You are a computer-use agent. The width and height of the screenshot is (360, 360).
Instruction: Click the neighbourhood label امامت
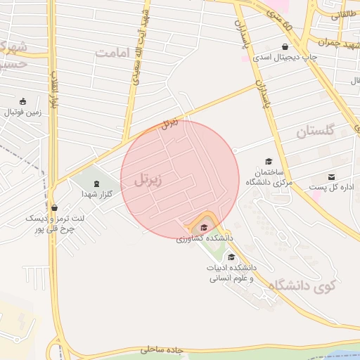(113, 53)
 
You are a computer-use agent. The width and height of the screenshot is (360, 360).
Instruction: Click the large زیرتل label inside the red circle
(148, 180)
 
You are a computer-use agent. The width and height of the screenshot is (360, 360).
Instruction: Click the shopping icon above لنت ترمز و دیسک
(55, 207)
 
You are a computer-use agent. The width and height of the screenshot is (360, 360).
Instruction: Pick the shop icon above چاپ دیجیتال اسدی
(284, 47)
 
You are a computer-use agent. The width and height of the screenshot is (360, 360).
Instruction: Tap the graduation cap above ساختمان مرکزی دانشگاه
(268, 162)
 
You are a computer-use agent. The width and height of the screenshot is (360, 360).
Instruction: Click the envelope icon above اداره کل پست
(331, 176)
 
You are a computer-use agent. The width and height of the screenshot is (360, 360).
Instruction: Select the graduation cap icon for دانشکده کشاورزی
(204, 227)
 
